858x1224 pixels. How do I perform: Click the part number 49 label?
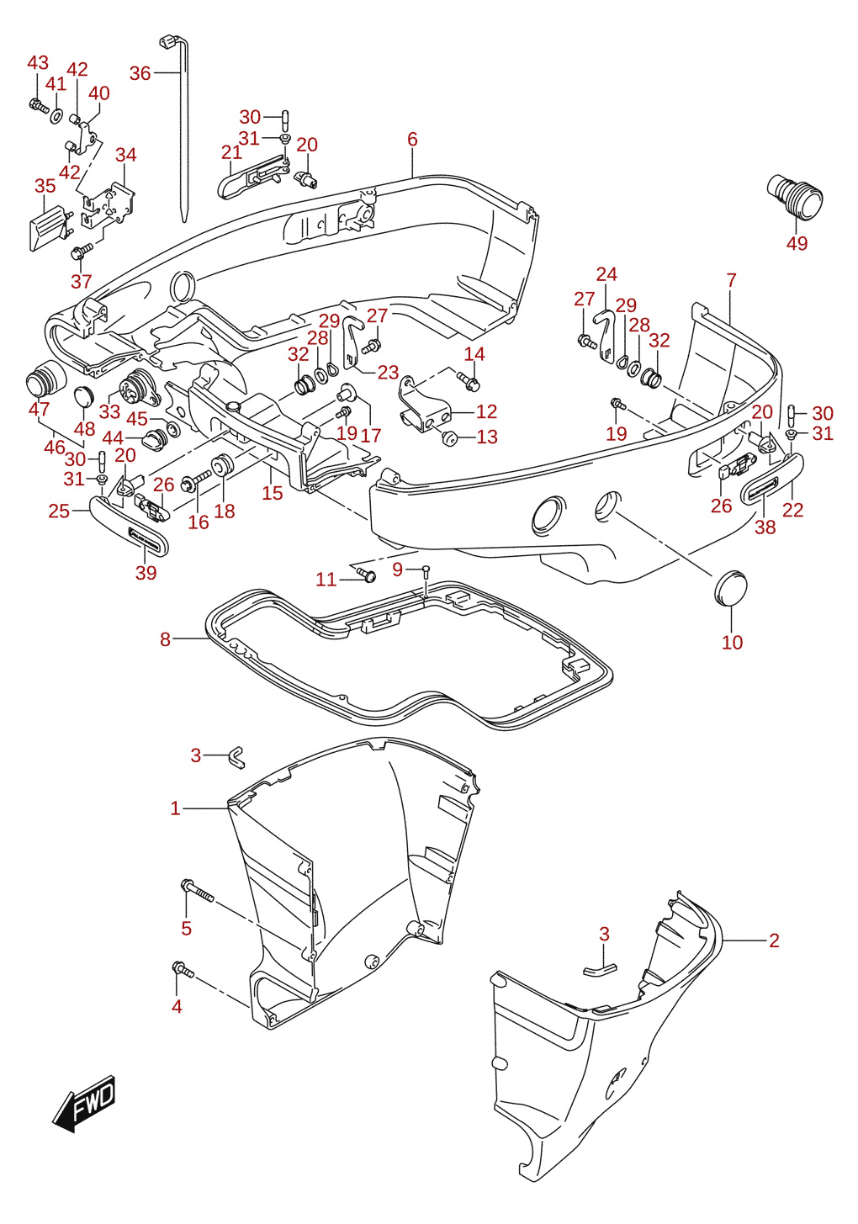coord(797,243)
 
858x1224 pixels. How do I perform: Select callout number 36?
coord(140,72)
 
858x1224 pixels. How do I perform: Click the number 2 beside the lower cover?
coord(774,941)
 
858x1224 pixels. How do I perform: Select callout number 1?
coord(175,808)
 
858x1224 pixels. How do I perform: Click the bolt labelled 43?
coord(39,105)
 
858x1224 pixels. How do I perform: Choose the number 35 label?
coord(45,186)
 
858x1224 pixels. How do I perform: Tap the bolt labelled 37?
coord(82,251)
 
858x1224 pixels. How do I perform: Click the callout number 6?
coord(412,139)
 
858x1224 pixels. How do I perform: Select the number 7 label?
coord(731,280)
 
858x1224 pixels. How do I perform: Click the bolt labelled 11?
coord(366,573)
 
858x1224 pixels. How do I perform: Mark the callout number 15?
coord(273,493)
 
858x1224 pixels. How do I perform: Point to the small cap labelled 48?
coord(83,395)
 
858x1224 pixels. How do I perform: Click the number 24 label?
coord(606,273)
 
